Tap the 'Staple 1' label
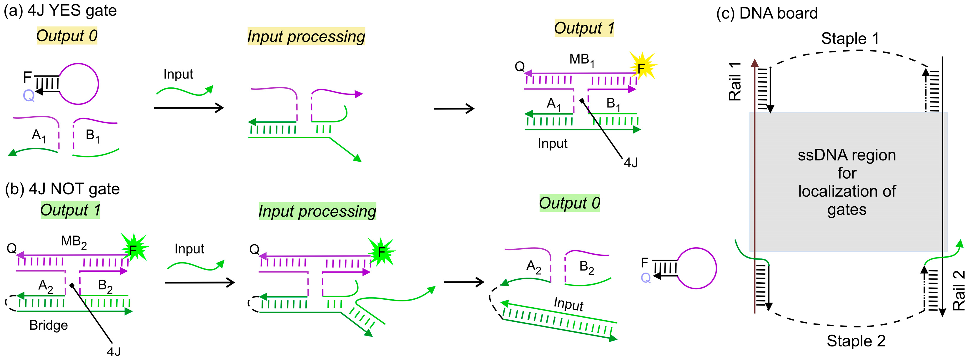pyautogui.click(x=850, y=39)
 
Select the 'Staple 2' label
pyautogui.click(x=856, y=341)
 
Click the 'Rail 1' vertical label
pyautogui.click(x=735, y=82)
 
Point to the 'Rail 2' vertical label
pyautogui.click(x=959, y=290)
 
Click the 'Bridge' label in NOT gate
pyautogui.click(x=49, y=325)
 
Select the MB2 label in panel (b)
pyautogui.click(x=74, y=242)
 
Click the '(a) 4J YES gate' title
pyautogui.click(x=60, y=11)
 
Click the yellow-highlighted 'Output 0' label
pyautogui.click(x=67, y=36)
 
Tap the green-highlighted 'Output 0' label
pyautogui.click(x=569, y=203)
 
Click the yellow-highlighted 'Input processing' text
pyautogui.click(x=306, y=37)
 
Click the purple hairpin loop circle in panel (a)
pyautogui.click(x=79, y=84)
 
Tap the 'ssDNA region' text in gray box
pyautogui.click(x=846, y=155)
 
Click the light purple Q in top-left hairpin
pyautogui.click(x=29, y=95)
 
